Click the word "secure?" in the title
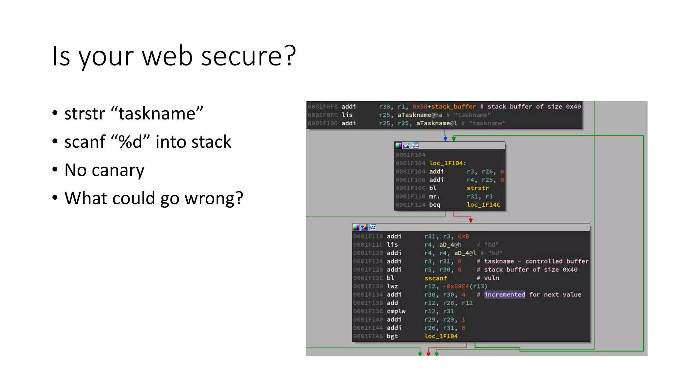(248, 56)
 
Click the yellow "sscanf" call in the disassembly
(435, 278)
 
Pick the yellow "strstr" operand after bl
(477, 188)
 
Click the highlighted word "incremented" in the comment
(504, 294)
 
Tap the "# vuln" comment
(488, 278)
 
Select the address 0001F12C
(368, 278)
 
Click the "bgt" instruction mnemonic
(392, 336)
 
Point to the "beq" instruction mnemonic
(434, 205)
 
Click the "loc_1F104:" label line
(448, 163)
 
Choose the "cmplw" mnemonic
(396, 311)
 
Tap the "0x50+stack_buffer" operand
(444, 107)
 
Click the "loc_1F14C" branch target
(483, 205)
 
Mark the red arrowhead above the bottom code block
(471, 220)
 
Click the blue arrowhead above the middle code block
(445, 139)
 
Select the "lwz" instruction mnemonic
(392, 286)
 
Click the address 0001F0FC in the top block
(323, 115)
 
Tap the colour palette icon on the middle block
(398, 146)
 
